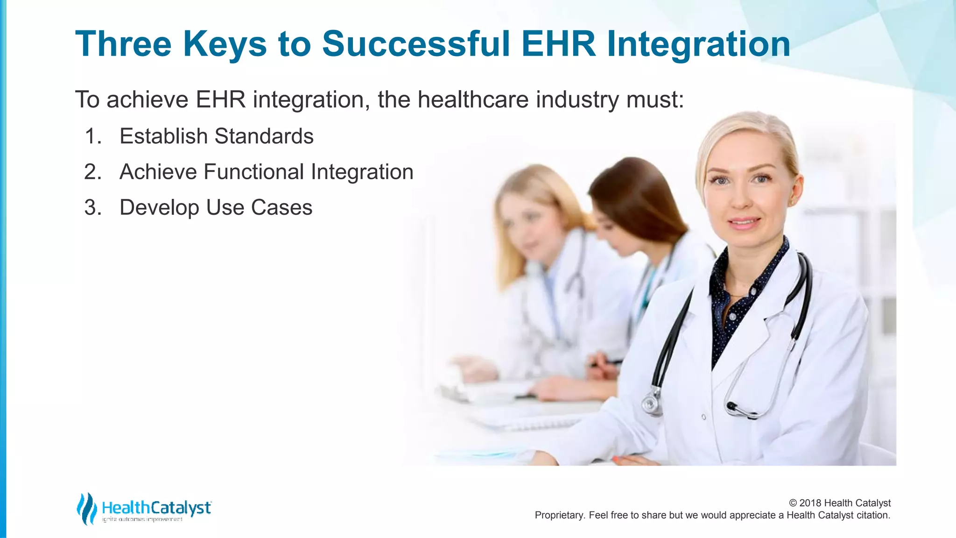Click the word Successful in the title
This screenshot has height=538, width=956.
pos(415,44)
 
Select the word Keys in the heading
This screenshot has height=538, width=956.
pos(225,44)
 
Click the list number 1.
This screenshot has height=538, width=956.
pos(93,136)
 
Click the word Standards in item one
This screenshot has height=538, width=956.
pos(264,136)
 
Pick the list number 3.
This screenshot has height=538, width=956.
pos(93,207)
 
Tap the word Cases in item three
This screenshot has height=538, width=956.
pos(281,207)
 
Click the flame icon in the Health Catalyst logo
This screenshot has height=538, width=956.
pos(86,509)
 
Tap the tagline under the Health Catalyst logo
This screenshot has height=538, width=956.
pos(142,519)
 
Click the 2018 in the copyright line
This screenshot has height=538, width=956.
pos(810,503)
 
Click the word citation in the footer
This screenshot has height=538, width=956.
pos(872,515)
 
